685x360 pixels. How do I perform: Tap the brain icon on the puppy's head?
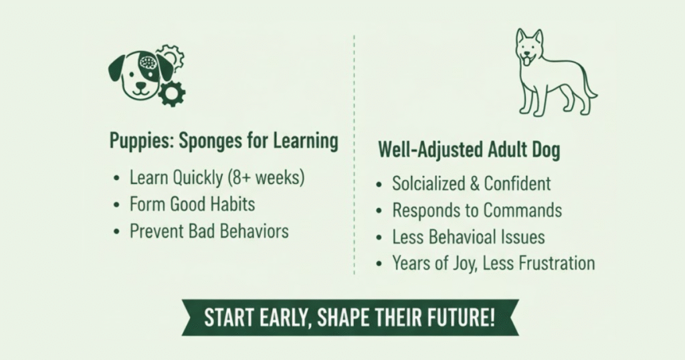click(148, 64)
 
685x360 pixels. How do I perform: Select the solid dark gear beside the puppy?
click(172, 94)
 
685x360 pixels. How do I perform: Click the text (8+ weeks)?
click(266, 178)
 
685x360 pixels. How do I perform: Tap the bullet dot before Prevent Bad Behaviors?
click(116, 232)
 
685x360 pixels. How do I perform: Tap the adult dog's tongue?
click(528, 62)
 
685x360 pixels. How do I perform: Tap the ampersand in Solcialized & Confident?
click(474, 183)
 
